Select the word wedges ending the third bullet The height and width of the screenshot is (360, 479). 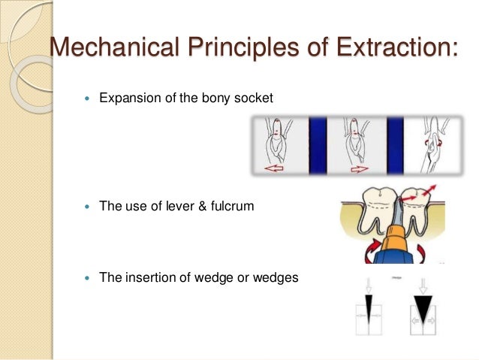[278, 277]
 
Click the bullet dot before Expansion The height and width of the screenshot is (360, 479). [89, 98]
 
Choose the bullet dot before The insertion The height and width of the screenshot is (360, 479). [89, 278]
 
